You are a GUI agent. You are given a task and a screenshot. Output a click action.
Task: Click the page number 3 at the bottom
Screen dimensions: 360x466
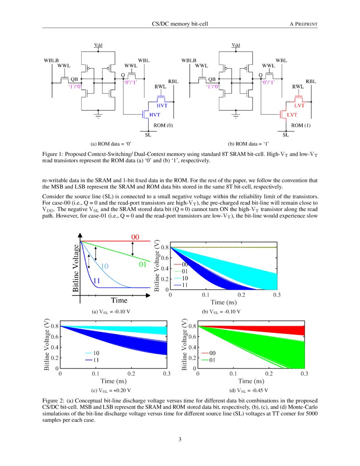coord(180,439)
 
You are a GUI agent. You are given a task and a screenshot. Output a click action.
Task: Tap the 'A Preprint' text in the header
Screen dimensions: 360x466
coord(303,24)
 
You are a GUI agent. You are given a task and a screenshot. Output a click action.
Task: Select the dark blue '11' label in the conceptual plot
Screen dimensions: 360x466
coord(96,280)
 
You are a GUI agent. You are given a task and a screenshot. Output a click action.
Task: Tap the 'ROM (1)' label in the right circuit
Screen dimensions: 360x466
coord(301,125)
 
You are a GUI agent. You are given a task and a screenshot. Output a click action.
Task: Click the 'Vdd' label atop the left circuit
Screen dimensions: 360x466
coord(98,45)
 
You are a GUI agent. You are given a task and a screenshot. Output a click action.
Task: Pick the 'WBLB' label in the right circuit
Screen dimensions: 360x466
coord(189,61)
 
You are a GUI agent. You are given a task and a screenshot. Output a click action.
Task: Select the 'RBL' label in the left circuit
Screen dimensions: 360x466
coord(174,81)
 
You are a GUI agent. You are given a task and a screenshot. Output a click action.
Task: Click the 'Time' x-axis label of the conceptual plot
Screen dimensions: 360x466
coord(119,300)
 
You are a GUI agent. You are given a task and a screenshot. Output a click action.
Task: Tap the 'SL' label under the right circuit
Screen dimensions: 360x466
coord(286,135)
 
